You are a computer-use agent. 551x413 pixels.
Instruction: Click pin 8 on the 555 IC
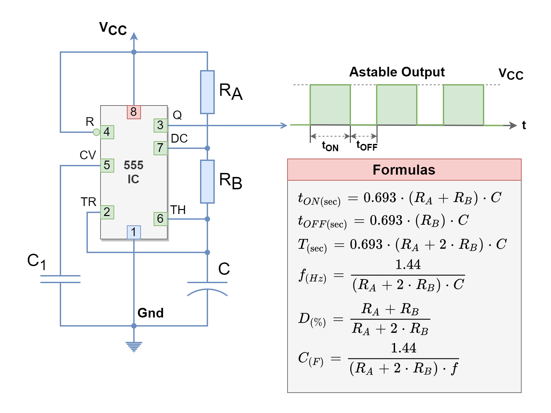point(134,112)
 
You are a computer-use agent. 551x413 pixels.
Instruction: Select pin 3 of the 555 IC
point(160,126)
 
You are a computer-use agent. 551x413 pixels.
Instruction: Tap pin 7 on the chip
point(160,148)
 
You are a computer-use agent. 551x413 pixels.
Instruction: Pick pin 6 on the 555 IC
point(160,219)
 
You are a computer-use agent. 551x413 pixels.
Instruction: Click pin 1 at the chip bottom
point(134,232)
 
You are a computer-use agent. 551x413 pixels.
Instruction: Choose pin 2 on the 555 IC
point(107,212)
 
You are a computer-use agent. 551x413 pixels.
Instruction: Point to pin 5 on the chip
point(107,165)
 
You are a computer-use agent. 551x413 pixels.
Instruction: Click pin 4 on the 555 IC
point(107,132)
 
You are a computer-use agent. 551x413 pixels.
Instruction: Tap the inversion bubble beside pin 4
point(97,132)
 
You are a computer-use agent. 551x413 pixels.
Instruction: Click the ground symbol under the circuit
point(134,347)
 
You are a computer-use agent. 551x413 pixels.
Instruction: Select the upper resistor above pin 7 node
point(207,92)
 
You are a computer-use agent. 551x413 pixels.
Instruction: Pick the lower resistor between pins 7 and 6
point(207,182)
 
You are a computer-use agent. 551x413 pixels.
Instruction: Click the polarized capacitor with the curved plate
point(207,289)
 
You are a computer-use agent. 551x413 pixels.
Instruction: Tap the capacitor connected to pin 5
point(60,279)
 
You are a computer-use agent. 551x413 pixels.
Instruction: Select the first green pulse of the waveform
point(330,105)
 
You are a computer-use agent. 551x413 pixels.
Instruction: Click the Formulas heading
point(404,170)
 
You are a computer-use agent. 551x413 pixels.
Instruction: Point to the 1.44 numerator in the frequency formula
point(408,265)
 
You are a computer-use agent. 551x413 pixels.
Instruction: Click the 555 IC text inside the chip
point(134,172)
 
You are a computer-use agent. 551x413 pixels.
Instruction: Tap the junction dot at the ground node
point(134,326)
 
